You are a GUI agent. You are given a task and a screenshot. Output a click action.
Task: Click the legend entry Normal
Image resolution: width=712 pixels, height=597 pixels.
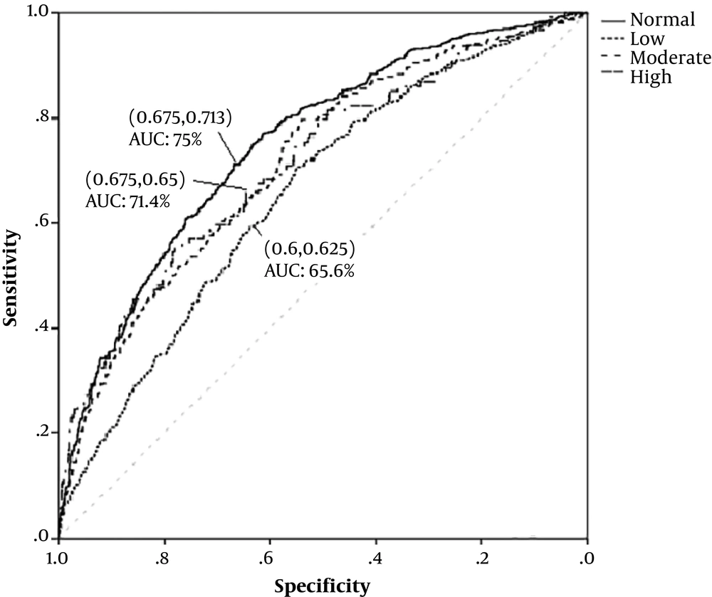pos(662,20)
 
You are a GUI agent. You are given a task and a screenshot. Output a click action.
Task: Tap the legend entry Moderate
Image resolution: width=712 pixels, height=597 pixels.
pos(670,58)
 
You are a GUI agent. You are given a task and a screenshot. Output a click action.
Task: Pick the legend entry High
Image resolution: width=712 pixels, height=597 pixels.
pos(650,76)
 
